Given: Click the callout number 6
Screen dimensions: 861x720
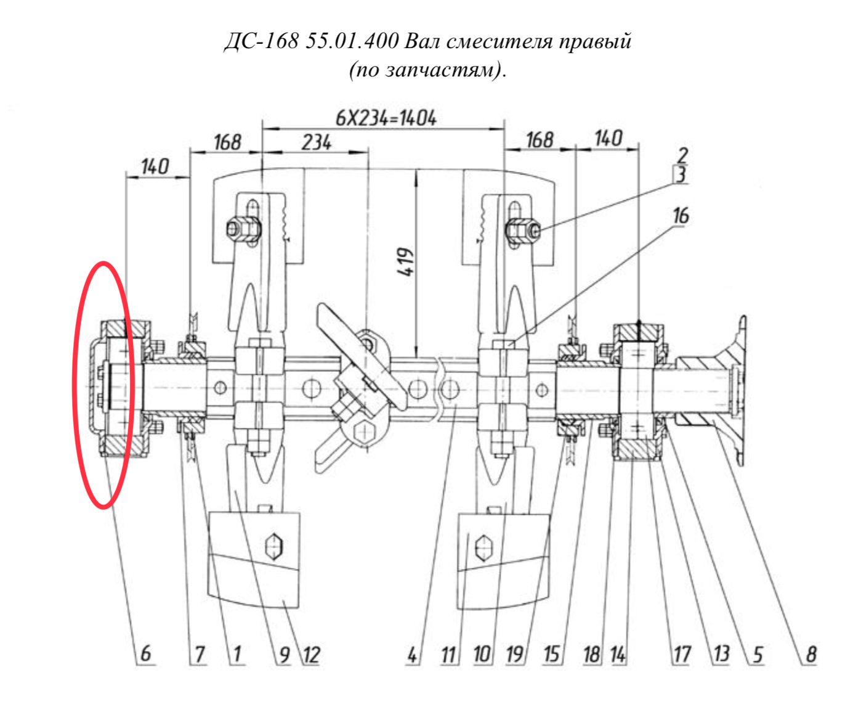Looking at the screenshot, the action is coord(146,654).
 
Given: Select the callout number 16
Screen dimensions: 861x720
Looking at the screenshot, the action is coord(681,216).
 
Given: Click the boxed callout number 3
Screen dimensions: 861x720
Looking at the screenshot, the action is coord(681,174).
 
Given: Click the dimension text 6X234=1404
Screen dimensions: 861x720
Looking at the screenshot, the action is coord(386,118).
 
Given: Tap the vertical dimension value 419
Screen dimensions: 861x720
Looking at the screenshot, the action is coord(405,262).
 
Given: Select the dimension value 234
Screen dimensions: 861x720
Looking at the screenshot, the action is coord(317,142).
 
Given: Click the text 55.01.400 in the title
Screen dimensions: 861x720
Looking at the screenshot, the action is coord(352,41).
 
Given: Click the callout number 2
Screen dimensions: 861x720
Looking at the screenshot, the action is coord(682,155).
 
